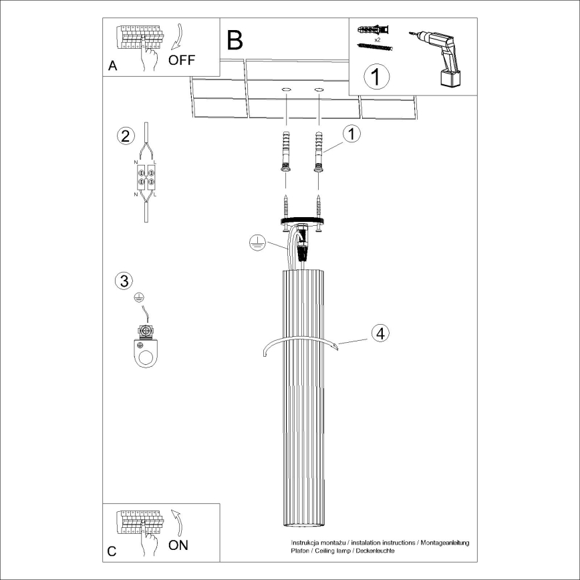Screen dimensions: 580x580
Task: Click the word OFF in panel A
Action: tap(181, 59)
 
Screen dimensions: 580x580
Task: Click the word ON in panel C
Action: tap(177, 545)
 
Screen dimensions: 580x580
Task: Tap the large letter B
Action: tap(235, 40)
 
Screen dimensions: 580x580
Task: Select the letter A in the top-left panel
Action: tap(112, 66)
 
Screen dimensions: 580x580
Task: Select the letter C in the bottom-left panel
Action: tap(112, 552)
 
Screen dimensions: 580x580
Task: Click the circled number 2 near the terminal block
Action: tap(124, 136)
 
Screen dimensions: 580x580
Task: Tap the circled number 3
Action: tap(123, 281)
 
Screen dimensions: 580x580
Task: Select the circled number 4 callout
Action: tap(380, 333)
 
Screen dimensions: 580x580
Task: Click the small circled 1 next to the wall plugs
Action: tap(351, 134)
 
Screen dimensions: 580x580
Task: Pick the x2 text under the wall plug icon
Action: tap(378, 40)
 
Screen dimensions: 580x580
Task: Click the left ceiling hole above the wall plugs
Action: tap(286, 89)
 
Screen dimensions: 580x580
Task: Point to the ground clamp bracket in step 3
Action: tap(144, 349)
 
